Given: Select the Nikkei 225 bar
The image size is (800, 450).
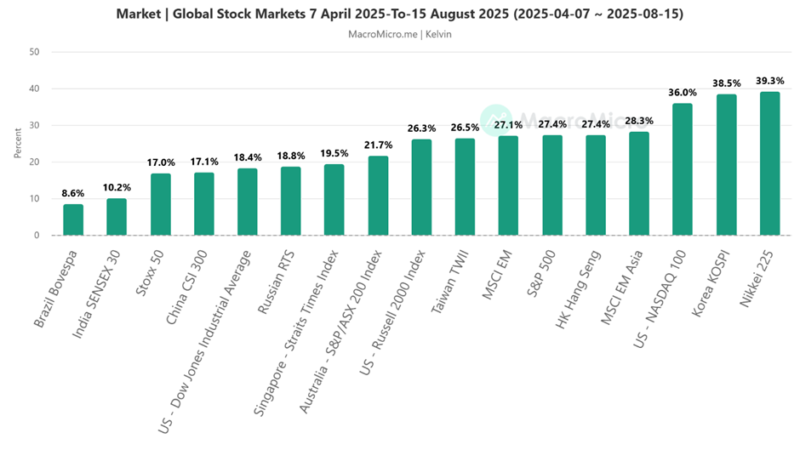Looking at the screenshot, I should tap(769, 163).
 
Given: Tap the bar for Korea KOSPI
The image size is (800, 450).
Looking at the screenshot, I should tap(726, 165).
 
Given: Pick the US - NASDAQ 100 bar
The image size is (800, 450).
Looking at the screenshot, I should tap(683, 169).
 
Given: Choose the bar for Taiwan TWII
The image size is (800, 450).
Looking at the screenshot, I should tap(465, 187).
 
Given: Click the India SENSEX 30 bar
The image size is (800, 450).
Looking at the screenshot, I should tap(117, 217).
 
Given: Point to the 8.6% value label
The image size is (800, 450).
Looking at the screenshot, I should tap(73, 194).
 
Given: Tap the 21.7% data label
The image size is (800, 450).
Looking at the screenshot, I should tap(378, 145).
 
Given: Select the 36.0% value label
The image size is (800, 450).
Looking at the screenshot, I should tap(683, 93).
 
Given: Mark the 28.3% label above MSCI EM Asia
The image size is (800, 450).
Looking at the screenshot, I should tap(638, 121).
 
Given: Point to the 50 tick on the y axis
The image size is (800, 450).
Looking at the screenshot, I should tap(35, 52).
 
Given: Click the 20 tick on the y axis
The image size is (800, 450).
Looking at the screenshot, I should tap(35, 162).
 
